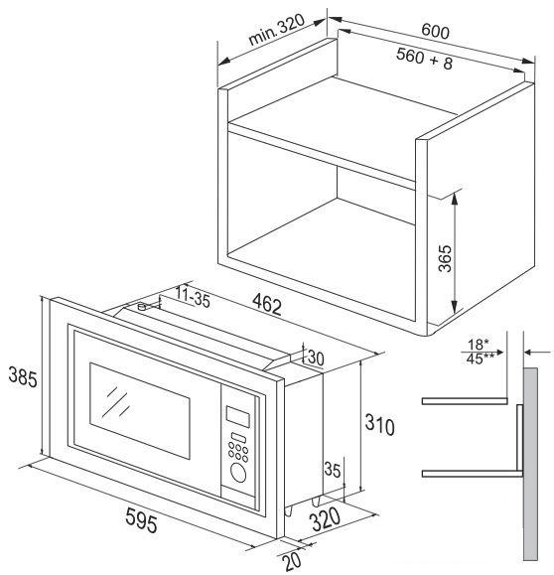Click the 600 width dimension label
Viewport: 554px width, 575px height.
pos(435,31)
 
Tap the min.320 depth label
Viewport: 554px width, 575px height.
pos(276,30)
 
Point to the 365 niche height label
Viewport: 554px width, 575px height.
pos(445,258)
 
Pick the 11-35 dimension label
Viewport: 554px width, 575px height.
pos(193,296)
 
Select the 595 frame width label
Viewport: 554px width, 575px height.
pos(141,519)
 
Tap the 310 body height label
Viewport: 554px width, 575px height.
pos(380,424)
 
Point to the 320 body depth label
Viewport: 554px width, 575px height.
pos(326,519)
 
